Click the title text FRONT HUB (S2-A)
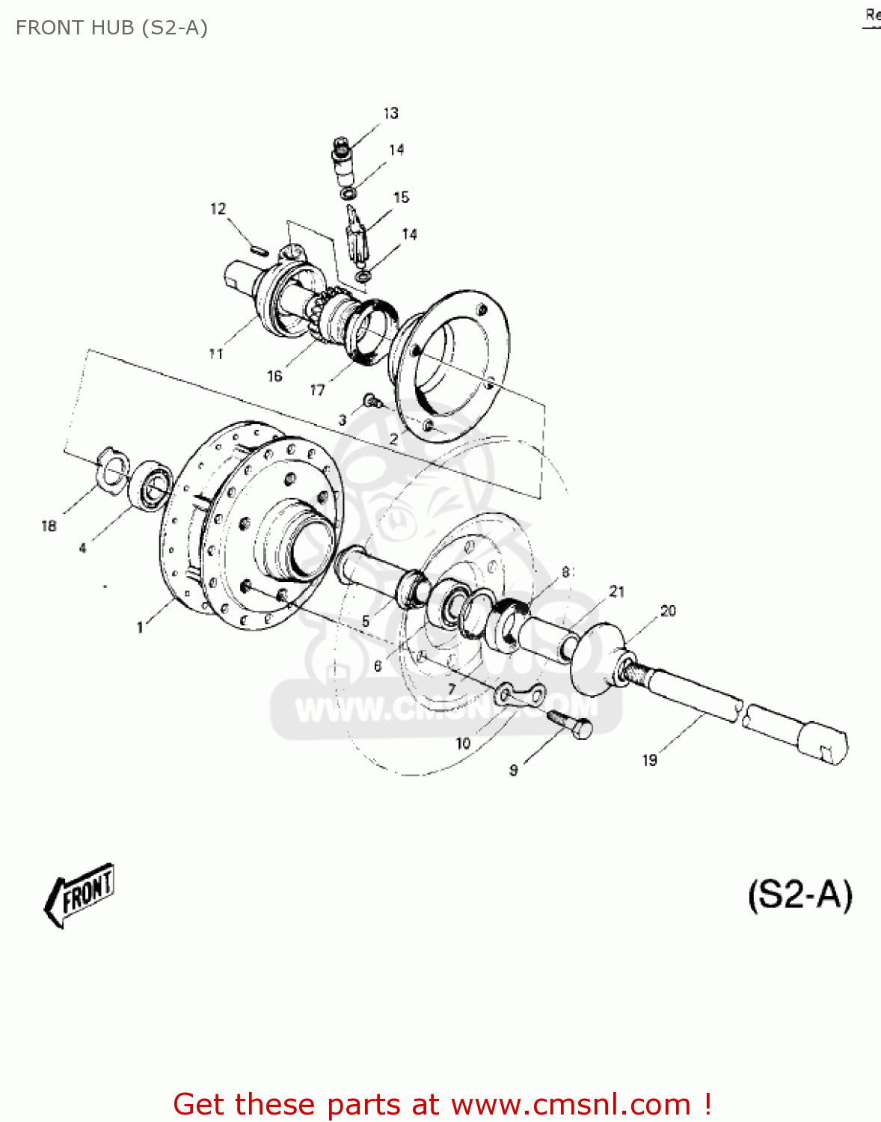coord(111,28)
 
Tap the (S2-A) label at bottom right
coord(799,895)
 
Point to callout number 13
coord(390,113)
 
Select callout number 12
coord(218,209)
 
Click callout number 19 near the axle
coord(649,760)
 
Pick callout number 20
coord(668,611)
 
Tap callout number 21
coord(616,592)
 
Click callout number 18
coord(49,526)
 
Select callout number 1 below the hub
coord(140,627)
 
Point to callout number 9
coord(513,770)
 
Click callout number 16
coord(274,375)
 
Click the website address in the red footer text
coord(571,1104)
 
